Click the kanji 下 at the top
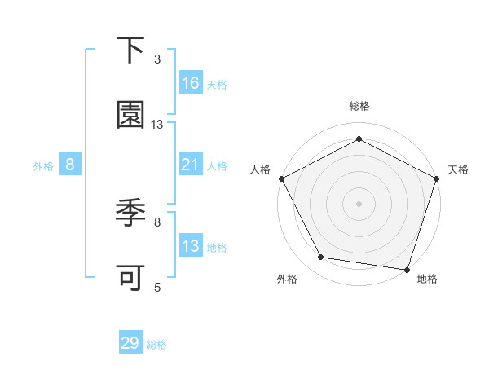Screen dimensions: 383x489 (x=131, y=52)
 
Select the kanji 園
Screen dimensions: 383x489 (x=131, y=116)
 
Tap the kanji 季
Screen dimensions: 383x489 (x=131, y=214)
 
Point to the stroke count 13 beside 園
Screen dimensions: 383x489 (x=157, y=124)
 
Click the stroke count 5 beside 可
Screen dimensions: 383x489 (x=157, y=286)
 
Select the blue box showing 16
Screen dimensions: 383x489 (x=191, y=83)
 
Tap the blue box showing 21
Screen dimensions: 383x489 (x=191, y=165)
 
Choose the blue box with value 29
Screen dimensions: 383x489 (x=130, y=343)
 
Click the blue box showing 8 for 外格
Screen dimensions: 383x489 (x=70, y=165)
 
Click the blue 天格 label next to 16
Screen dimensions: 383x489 (x=217, y=84)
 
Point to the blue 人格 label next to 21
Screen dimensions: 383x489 (x=217, y=165)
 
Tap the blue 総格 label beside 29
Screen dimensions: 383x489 (x=156, y=344)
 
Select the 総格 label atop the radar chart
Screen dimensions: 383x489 (x=359, y=107)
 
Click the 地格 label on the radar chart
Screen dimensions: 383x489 (x=427, y=279)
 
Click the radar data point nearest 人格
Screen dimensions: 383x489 (x=282, y=178)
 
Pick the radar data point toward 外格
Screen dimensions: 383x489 (x=321, y=258)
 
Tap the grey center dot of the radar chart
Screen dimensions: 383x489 (x=359, y=203)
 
